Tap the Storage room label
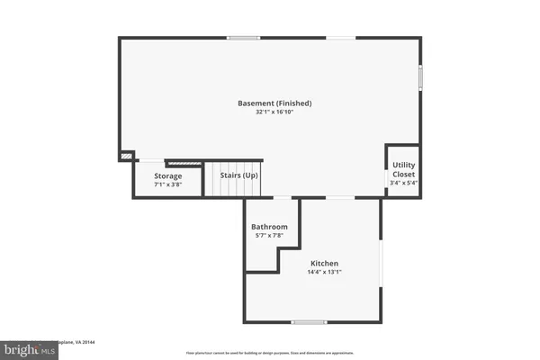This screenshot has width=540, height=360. click(x=167, y=175)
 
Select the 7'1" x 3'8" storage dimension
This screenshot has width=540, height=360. click(x=167, y=185)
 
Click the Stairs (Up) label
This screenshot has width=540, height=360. click(x=239, y=175)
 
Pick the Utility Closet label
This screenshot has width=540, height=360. click(x=403, y=170)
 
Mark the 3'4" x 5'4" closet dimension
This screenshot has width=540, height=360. click(x=403, y=183)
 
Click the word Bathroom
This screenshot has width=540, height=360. click(x=269, y=227)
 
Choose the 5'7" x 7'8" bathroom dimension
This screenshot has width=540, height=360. click(x=269, y=237)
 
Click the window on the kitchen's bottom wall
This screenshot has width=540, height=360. click(x=309, y=321)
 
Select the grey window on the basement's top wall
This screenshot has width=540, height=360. click(x=243, y=38)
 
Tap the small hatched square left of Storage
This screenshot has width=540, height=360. click(x=125, y=157)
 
